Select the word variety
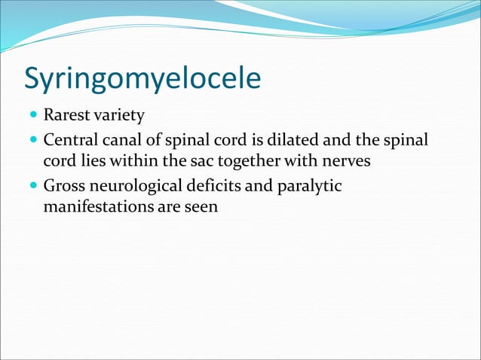point(118,117)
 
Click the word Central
point(69,140)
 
